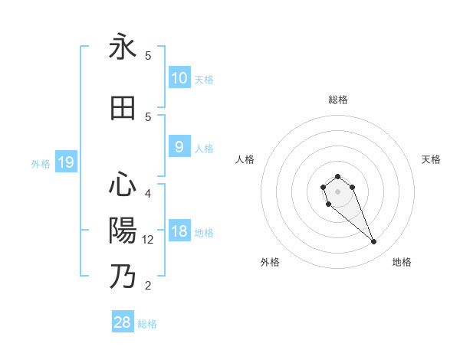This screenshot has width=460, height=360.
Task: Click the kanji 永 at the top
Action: pos(123,47)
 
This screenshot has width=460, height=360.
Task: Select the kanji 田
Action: pos(123,109)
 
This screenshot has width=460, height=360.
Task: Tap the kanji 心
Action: pos(123,185)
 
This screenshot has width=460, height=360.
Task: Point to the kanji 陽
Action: pos(123,231)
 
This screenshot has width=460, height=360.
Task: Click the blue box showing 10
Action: pos(179,78)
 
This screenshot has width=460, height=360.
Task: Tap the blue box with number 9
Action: pos(179,147)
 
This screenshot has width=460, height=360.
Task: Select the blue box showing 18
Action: pos(179,231)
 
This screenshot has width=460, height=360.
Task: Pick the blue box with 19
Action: pos(65,162)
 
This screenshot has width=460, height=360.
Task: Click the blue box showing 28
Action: pos(123,322)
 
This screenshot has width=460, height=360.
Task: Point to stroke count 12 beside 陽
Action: pos(148,240)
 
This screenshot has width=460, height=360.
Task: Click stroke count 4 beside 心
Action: pos(148,193)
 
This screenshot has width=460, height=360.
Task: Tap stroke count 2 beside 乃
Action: pos(148,286)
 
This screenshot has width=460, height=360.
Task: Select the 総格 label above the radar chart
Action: pos(337,100)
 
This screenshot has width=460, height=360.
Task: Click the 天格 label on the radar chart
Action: pos(431,159)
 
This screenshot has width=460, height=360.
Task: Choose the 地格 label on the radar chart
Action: pos(402,262)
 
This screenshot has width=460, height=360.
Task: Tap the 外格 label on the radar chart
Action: pos(270,262)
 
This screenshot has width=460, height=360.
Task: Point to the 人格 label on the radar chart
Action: pos(245,159)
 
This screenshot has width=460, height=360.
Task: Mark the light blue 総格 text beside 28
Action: pos(147,324)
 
